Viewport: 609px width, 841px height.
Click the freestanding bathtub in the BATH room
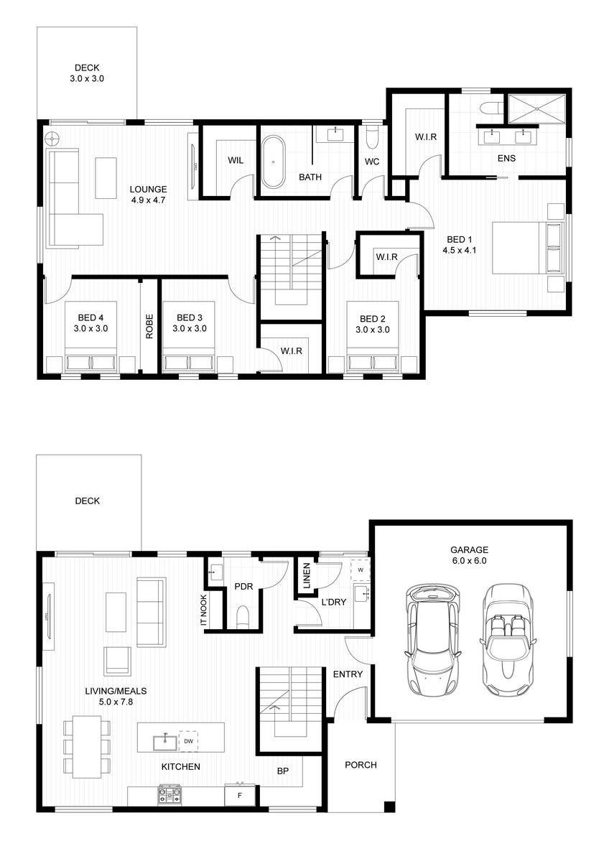coord(273,162)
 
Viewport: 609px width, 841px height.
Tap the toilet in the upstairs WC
coord(372,138)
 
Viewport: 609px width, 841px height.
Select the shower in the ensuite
coord(536,109)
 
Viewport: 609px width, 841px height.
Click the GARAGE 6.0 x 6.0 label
coord(469,555)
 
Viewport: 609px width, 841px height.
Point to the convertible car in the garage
coord(507,640)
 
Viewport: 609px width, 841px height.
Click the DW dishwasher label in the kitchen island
coord(188,741)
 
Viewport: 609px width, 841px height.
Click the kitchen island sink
coord(165,742)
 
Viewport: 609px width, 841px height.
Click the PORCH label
coord(361,765)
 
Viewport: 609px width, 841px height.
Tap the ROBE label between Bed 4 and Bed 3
coord(149,326)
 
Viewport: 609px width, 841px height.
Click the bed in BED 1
coord(529,248)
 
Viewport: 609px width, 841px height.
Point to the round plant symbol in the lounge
coord(52,139)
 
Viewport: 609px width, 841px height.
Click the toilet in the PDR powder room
coord(243,618)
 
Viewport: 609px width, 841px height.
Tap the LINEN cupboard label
coord(307,576)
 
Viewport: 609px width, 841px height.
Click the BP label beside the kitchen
coord(283,771)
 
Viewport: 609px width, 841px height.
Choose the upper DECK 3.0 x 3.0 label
coord(87,73)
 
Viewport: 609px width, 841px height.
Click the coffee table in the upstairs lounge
coord(106,177)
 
